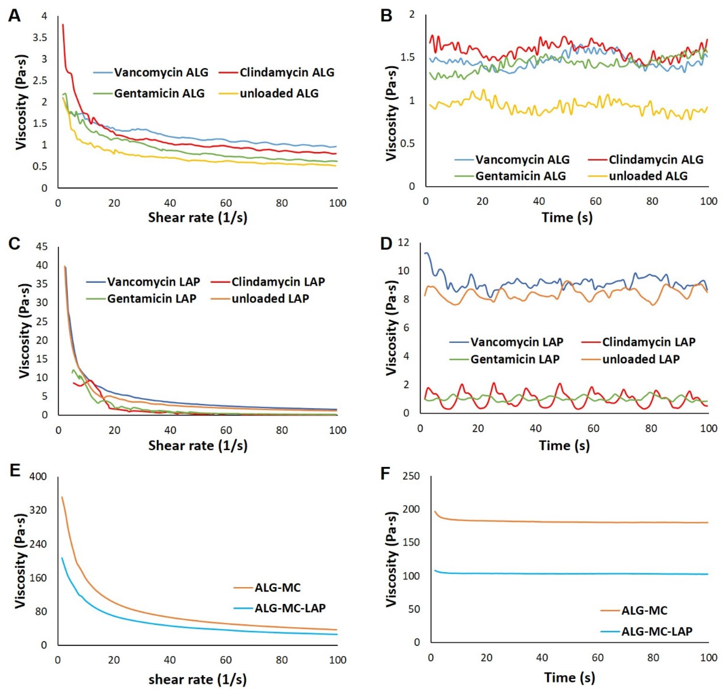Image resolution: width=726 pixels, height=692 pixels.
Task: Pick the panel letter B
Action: (x=386, y=16)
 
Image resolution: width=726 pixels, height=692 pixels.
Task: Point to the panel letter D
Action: (x=386, y=244)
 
